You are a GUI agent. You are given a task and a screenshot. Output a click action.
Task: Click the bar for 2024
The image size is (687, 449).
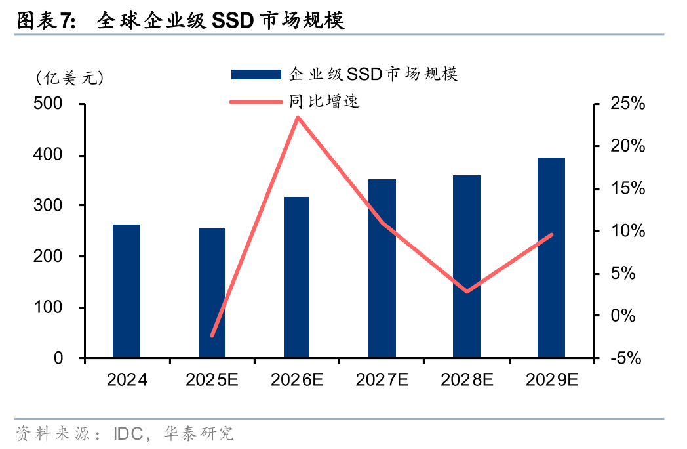[x=127, y=291]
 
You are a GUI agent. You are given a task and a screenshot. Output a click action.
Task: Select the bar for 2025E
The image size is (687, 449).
[x=212, y=293]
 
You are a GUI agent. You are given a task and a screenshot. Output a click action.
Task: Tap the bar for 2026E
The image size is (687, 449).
[x=297, y=278]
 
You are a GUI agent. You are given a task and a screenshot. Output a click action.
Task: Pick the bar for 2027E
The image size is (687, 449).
[x=382, y=268]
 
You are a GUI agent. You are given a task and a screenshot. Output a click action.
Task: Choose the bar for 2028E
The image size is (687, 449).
[x=467, y=267]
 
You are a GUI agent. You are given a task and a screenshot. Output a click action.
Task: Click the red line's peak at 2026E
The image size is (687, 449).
[x=298, y=118]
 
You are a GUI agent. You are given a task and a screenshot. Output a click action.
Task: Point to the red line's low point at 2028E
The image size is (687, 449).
[x=467, y=291]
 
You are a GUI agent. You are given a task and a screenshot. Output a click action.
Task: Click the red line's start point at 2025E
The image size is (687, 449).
[x=212, y=335]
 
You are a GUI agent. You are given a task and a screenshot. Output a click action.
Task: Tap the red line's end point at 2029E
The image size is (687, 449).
[x=551, y=234]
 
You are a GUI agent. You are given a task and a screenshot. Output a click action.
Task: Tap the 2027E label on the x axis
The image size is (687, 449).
[x=382, y=380]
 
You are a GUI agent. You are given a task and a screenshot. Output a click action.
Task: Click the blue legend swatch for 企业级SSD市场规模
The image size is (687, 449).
[x=256, y=74]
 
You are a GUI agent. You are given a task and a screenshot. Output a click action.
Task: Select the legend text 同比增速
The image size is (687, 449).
[x=324, y=102]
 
